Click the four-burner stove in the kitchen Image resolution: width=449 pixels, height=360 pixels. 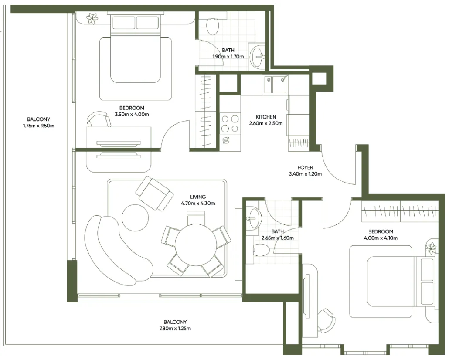point(230,123)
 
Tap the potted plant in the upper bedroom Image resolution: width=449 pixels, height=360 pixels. point(92,18)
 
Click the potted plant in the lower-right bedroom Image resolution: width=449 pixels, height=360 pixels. point(431,248)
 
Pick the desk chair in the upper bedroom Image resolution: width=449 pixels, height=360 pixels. point(99,119)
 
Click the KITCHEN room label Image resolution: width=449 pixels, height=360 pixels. point(265,117)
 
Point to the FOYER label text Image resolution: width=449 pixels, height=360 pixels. point(305,167)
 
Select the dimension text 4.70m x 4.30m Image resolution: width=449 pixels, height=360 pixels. point(198,203)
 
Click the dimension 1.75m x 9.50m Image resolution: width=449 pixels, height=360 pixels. point(38,126)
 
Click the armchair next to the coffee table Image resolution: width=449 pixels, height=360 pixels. point(153,194)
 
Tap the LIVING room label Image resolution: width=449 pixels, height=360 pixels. point(198,197)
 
